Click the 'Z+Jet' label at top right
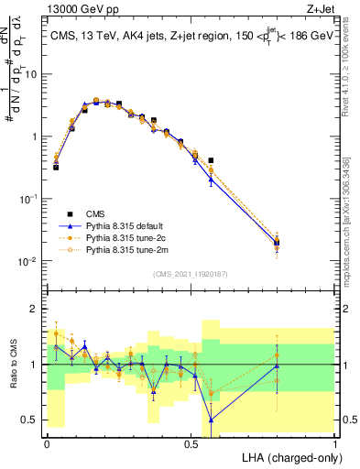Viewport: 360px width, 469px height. pos(318,9)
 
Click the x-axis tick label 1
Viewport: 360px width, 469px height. pos(335,442)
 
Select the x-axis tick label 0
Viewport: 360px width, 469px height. pos(47,442)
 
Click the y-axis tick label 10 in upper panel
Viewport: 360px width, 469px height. pos(30,74)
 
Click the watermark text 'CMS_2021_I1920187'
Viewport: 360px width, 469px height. pos(190,272)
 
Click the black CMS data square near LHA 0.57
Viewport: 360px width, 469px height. pos(212,160)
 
